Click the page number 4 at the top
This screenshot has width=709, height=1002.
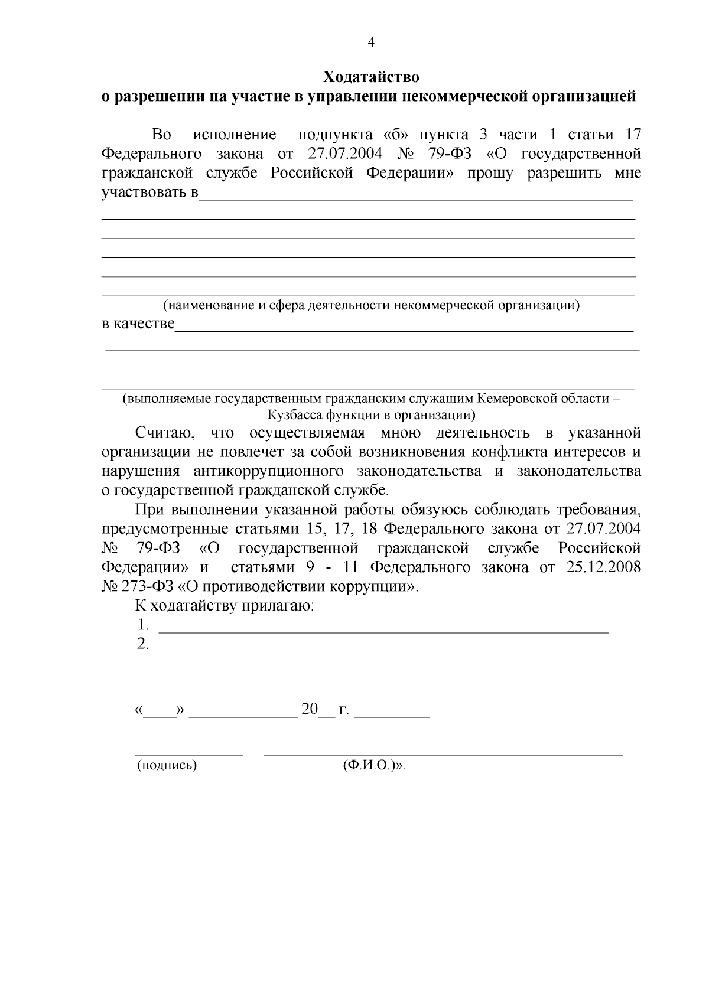[371, 42]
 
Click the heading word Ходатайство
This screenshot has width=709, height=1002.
[371, 77]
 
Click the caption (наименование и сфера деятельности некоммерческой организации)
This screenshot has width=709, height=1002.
[371, 305]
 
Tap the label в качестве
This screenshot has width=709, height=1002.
[138, 324]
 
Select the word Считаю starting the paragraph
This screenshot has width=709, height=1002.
[162, 433]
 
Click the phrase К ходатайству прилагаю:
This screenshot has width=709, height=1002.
[225, 606]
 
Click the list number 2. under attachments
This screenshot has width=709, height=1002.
[143, 644]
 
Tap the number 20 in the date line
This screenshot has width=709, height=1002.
[310, 710]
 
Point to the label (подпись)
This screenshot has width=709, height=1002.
[167, 766]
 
